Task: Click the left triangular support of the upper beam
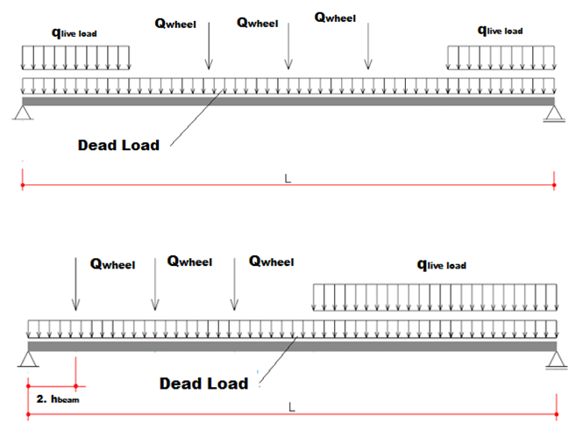(22, 111)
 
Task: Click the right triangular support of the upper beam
(553, 111)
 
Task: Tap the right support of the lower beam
(553, 357)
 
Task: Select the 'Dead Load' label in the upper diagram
(118, 145)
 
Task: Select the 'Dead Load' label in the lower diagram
(203, 383)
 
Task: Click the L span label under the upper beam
(288, 178)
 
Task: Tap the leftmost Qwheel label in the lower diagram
(111, 262)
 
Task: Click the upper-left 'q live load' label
(75, 32)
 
